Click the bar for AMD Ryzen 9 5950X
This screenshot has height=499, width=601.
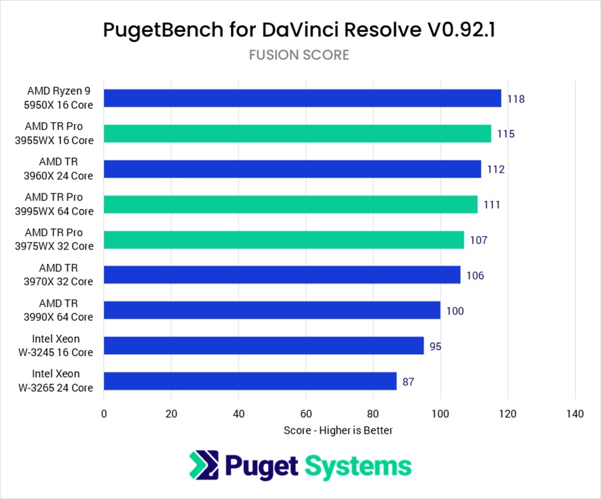pyautogui.click(x=303, y=98)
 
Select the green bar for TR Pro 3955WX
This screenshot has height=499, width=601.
pyautogui.click(x=297, y=133)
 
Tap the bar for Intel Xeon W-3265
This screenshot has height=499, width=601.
pyautogui.click(x=250, y=382)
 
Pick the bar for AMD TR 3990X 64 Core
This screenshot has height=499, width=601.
pyautogui.click(x=272, y=310)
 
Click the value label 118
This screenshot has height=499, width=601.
pyautogui.click(x=516, y=99)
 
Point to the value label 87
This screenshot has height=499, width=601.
pyautogui.click(x=408, y=382)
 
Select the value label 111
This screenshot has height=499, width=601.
pyautogui.click(x=491, y=205)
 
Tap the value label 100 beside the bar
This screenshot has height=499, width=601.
pyautogui.click(x=455, y=311)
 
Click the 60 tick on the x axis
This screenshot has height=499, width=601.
pyautogui.click(x=306, y=414)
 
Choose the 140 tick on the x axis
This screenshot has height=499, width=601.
pyautogui.click(x=574, y=414)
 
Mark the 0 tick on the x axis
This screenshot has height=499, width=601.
pyautogui.click(x=104, y=414)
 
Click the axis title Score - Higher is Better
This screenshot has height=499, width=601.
pyautogui.click(x=338, y=430)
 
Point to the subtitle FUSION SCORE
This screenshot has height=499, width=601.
pyautogui.click(x=299, y=55)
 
